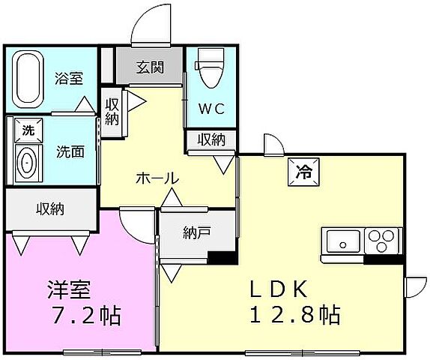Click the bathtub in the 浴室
pyautogui.click(x=30, y=78)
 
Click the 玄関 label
pyautogui.click(x=149, y=67)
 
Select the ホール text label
pyautogui.click(x=157, y=178)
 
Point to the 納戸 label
pyautogui.click(x=196, y=232)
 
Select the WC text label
pyautogui.click(x=211, y=108)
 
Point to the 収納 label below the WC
pyautogui.click(x=211, y=139)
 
